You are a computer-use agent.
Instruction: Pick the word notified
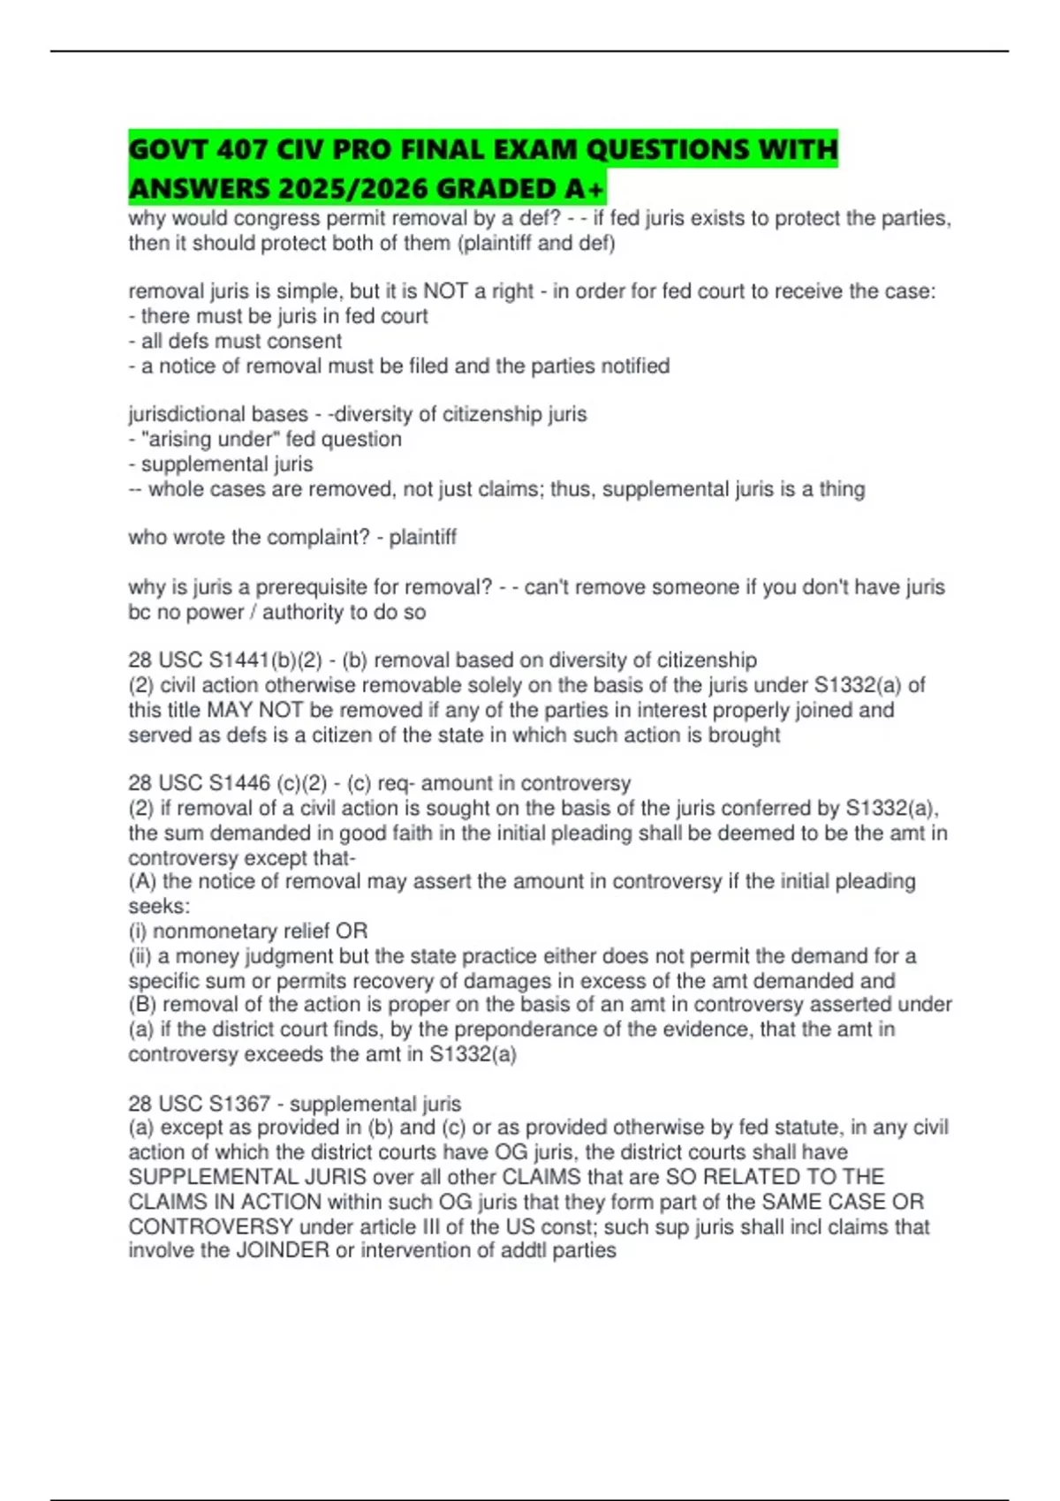pos(635,366)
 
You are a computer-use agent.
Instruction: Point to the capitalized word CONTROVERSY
pos(210,1226)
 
